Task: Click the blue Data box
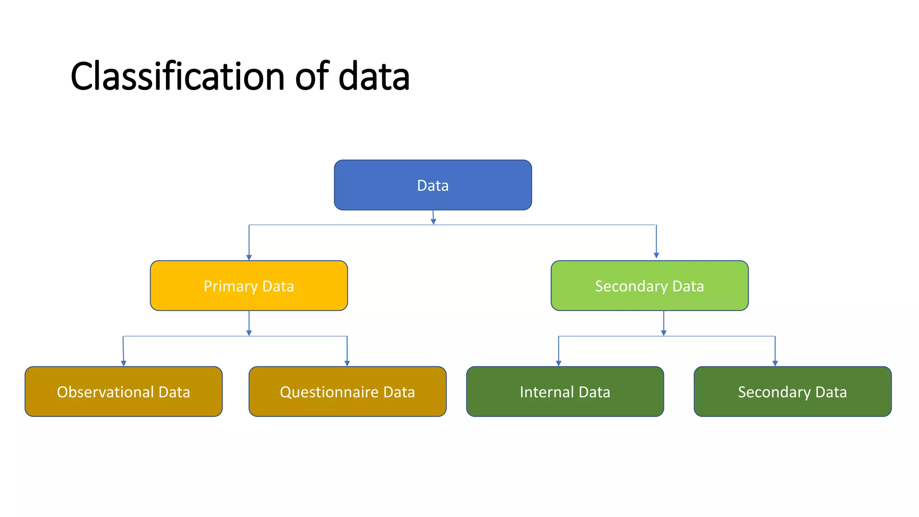point(433,185)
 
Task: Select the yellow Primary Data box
point(249,286)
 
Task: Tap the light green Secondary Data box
point(649,286)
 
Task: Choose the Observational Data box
point(123,392)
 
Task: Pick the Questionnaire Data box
point(347,392)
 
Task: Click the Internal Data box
point(565,392)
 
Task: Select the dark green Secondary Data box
point(792,392)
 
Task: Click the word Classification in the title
point(177,76)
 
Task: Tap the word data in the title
point(374,76)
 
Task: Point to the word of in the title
point(312,76)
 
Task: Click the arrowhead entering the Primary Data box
point(249,258)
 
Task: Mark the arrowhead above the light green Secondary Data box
point(656,255)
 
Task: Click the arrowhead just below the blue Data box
point(433,222)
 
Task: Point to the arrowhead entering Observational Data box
point(123,364)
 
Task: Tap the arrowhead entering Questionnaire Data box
point(347,364)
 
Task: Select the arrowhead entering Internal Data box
point(558,364)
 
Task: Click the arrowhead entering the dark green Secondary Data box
point(775,364)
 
